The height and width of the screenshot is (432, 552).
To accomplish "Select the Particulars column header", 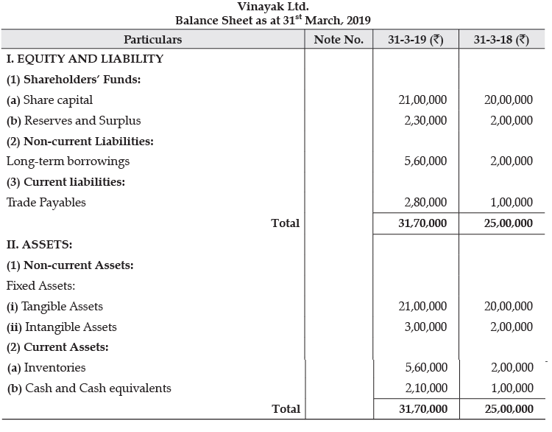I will coord(152,39).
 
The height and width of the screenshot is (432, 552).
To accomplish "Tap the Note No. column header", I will coord(339,39).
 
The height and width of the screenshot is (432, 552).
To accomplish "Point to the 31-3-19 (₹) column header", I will coord(416,39).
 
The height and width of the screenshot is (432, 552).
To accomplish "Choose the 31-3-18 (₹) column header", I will coord(501,39).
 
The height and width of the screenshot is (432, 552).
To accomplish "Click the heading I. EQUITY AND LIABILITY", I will coord(85,59).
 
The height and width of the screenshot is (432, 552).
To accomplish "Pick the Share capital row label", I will coord(49,100).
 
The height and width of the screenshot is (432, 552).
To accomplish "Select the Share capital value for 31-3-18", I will coord(509,100).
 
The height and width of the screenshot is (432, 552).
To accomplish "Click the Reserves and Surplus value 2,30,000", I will coord(425,120).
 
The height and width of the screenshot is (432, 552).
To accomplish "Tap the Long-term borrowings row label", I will coord(68,161).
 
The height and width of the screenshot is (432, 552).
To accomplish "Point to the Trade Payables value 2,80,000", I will coord(425,202).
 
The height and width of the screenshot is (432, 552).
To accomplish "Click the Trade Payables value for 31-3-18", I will coord(512,202).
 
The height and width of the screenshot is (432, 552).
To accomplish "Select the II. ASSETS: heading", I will coord(40,244).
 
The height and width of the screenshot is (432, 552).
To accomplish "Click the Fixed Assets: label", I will coord(40,285).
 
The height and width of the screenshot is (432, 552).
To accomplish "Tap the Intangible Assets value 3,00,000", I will coord(425,327).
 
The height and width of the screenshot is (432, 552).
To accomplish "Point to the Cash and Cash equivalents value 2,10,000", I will coord(425,388).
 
